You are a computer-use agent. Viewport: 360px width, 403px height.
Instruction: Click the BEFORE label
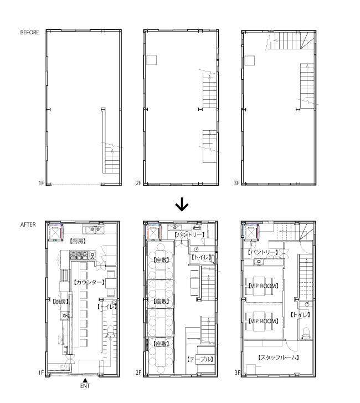tap(29, 33)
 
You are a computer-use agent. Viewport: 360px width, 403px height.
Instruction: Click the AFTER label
tap(28, 225)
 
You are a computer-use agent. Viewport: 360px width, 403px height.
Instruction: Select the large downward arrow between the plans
tap(182, 205)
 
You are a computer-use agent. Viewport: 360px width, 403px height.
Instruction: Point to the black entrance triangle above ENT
tap(85, 379)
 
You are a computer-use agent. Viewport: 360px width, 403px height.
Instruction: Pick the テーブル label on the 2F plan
tap(200, 359)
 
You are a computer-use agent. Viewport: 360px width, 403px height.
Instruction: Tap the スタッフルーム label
tap(279, 358)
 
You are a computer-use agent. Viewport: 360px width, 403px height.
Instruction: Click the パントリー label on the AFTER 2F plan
tap(189, 234)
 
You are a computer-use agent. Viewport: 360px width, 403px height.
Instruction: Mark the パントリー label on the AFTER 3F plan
tap(263, 252)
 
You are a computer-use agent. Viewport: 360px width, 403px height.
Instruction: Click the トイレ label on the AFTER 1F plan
tap(106, 306)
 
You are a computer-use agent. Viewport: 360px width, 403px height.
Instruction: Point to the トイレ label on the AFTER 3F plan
tap(300, 314)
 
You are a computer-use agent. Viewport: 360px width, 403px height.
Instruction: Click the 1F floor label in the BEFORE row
tap(41, 182)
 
